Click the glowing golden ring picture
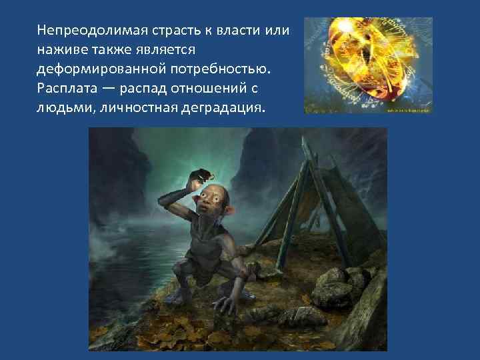coord(368,65)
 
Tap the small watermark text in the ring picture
coord(407,110)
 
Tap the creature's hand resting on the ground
coord(225,303)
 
